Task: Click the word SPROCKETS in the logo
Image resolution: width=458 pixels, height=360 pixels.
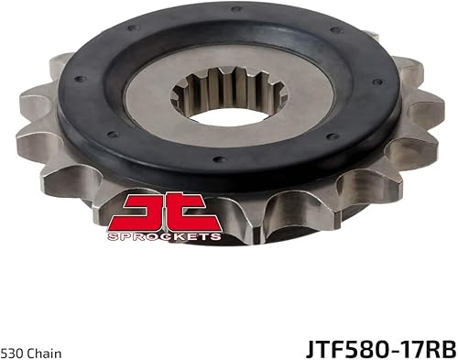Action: click(x=164, y=235)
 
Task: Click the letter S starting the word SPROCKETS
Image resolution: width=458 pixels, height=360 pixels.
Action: click(x=112, y=235)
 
